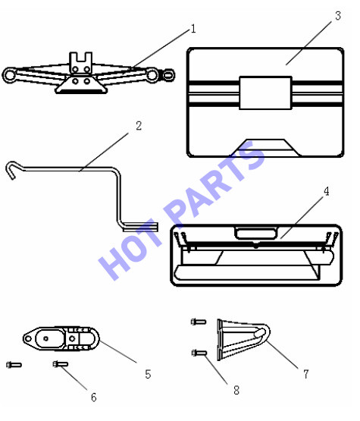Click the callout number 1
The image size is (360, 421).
[193, 29]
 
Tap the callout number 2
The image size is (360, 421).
[139, 126]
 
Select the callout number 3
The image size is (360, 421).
[338, 16]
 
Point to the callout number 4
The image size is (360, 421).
[326, 191]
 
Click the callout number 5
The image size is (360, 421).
[148, 374]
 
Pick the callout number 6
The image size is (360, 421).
[94, 397]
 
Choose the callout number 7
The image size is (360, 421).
[306, 374]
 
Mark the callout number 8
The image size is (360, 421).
[236, 390]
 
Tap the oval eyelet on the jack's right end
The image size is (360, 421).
[168, 75]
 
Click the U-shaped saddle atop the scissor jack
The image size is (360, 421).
[81, 62]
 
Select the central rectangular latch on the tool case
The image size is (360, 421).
[265, 93]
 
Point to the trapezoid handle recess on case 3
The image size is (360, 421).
[265, 147]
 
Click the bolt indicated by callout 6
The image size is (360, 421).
[61, 364]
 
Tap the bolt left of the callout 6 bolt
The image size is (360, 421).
[14, 365]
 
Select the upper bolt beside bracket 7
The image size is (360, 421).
[199, 322]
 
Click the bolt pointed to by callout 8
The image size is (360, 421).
[199, 353]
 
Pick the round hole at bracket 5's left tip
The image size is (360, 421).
[28, 339]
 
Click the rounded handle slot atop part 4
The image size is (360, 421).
[255, 233]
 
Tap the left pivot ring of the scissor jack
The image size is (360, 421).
[10, 75]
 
